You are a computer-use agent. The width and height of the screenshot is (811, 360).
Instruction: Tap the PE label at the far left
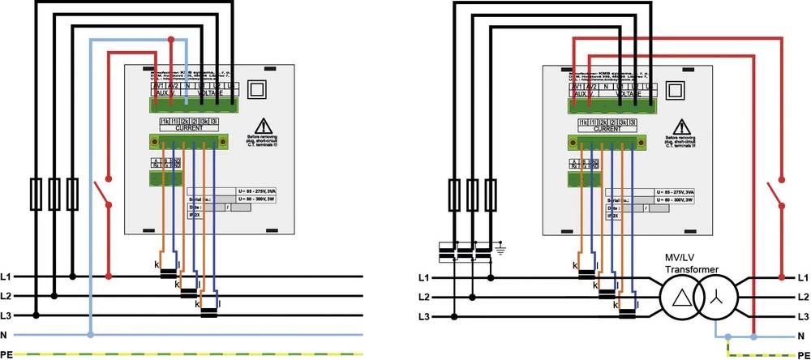click(6, 354)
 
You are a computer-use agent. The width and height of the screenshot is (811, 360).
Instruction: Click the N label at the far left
click(6, 334)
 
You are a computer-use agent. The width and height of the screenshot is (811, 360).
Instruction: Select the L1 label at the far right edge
click(802, 278)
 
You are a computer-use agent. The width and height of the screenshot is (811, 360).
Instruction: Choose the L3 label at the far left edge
click(6, 315)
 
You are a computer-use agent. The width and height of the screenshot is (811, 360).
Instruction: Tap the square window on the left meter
click(259, 88)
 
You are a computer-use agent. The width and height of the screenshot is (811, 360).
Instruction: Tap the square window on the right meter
click(676, 88)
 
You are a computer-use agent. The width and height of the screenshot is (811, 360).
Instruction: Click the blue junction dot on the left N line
click(89, 334)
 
